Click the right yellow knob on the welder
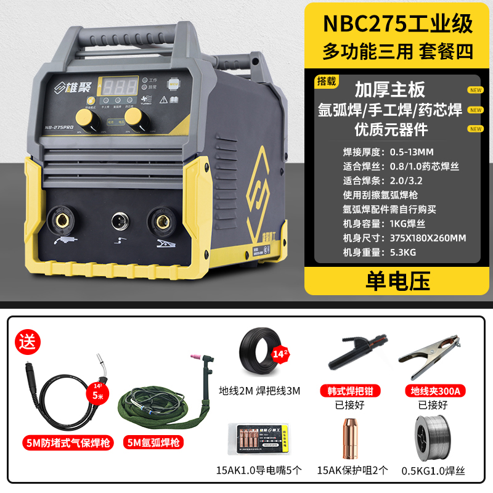tap(133, 117)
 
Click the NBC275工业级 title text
tap(397, 23)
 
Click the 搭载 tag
tap(326, 81)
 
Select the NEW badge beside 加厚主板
tap(475, 90)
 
